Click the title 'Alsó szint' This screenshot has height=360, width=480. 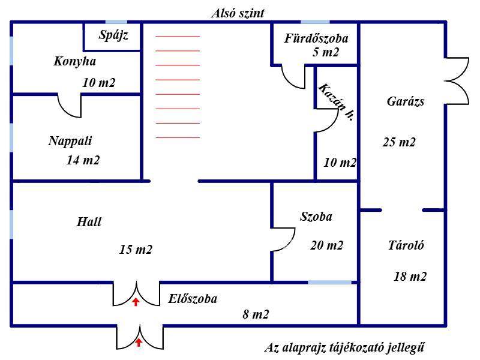pyautogui.click(x=238, y=13)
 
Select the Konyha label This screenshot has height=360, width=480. pyautogui.click(x=74, y=61)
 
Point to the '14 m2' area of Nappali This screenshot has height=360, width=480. pyautogui.click(x=83, y=160)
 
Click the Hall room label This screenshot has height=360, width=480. pyautogui.click(x=89, y=222)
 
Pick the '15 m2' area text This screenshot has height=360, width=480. pyautogui.click(x=136, y=250)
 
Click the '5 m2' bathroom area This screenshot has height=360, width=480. pyautogui.click(x=326, y=52)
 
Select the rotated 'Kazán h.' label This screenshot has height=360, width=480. pyautogui.click(x=336, y=103)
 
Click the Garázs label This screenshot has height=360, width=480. pyautogui.click(x=406, y=101)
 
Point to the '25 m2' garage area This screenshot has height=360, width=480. pyautogui.click(x=399, y=142)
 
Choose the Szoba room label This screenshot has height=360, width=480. pyautogui.click(x=316, y=217)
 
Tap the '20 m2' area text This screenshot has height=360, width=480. pyautogui.click(x=327, y=245)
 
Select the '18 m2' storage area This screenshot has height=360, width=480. pyautogui.click(x=410, y=276)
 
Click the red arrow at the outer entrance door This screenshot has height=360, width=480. pyautogui.click(x=139, y=343)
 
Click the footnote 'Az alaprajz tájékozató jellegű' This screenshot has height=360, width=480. pyautogui.click(x=347, y=347)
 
